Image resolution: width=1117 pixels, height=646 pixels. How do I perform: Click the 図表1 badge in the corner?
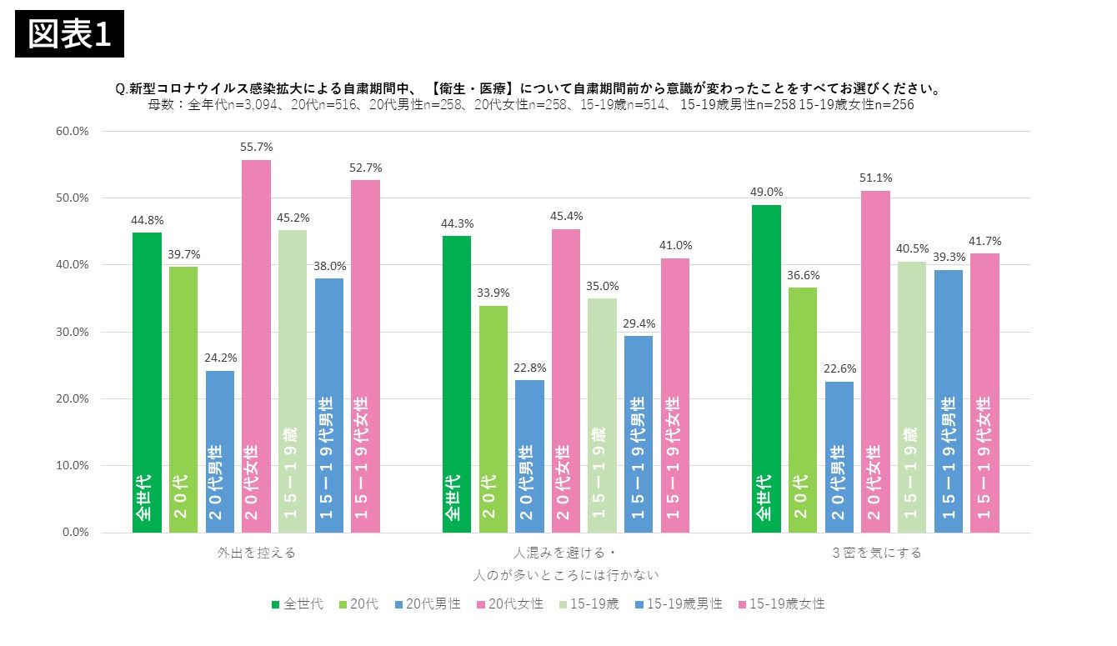click(69, 34)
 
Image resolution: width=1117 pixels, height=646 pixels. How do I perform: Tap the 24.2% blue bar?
click(219, 451)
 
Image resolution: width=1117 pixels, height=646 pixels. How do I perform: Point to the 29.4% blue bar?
click(638, 433)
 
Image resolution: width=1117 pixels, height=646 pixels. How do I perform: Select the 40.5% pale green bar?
click(911, 397)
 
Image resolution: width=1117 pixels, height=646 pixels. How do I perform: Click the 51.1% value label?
click(875, 177)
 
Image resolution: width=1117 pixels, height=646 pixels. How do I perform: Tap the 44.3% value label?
click(457, 223)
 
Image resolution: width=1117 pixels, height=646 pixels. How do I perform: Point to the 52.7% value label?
click(365, 167)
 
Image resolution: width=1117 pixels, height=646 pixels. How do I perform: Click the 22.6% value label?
click(839, 368)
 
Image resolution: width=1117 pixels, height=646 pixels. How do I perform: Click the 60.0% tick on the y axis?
click(73, 131)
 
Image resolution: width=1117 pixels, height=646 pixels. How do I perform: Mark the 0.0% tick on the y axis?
click(75, 532)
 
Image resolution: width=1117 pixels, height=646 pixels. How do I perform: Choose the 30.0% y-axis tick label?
click(73, 332)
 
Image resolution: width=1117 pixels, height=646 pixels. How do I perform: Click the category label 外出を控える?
click(257, 553)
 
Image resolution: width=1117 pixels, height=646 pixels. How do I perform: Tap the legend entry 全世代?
click(298, 603)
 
